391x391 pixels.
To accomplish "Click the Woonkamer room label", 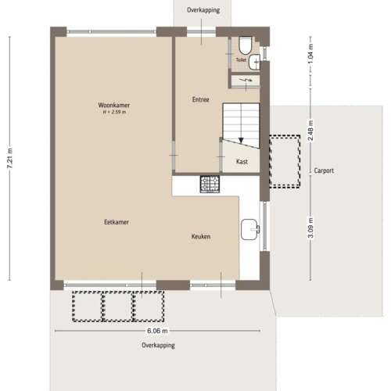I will (x=114, y=105).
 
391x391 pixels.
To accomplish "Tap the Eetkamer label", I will (x=117, y=222).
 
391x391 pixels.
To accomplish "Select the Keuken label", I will (x=201, y=236).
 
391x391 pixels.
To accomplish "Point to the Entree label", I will (x=201, y=99).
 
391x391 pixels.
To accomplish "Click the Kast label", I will (x=242, y=162).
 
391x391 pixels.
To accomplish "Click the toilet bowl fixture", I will (x=245, y=44).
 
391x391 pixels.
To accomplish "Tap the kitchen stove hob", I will (x=210, y=185).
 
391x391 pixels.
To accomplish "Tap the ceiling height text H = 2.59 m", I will (x=114, y=113).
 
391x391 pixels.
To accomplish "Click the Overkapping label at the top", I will (x=203, y=10).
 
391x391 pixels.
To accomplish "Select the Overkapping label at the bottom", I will (x=158, y=345).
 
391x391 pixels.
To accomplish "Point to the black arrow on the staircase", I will (x=242, y=139).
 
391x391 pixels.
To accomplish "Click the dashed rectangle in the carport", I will (x=285, y=161).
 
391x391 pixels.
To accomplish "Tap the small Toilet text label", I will (x=241, y=59).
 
